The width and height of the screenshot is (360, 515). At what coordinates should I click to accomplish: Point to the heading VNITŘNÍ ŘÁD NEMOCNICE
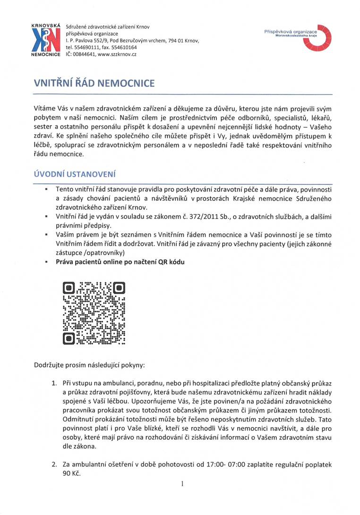click(94, 84)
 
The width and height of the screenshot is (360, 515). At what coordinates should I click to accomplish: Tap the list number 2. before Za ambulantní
click(55, 465)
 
